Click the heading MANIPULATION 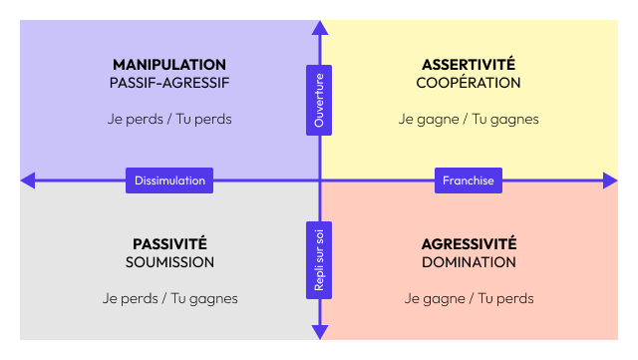(169, 65)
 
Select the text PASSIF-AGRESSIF (169, 83)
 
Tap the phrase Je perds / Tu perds (169, 119)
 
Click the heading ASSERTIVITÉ (469, 65)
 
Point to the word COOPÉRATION (469, 83)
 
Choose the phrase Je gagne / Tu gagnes (469, 119)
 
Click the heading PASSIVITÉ (169, 244)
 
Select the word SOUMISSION (169, 262)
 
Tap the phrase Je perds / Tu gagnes (169, 298)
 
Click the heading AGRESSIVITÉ (469, 244)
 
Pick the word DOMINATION (469, 262)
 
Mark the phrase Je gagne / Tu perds (469, 298)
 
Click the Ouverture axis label (319, 99)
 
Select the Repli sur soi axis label (319, 260)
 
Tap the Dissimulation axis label (169, 180)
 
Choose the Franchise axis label (469, 180)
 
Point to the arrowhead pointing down (319, 332)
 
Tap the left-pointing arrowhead (27, 180)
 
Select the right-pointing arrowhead (610, 180)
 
